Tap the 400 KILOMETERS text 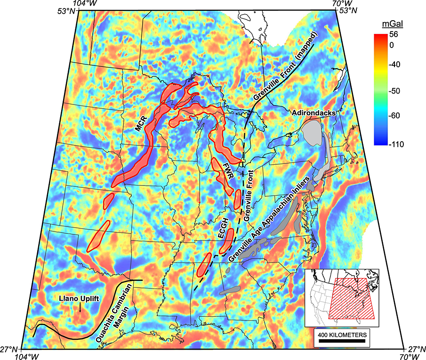(x=342, y=333)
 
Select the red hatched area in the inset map (x=351, y=299)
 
